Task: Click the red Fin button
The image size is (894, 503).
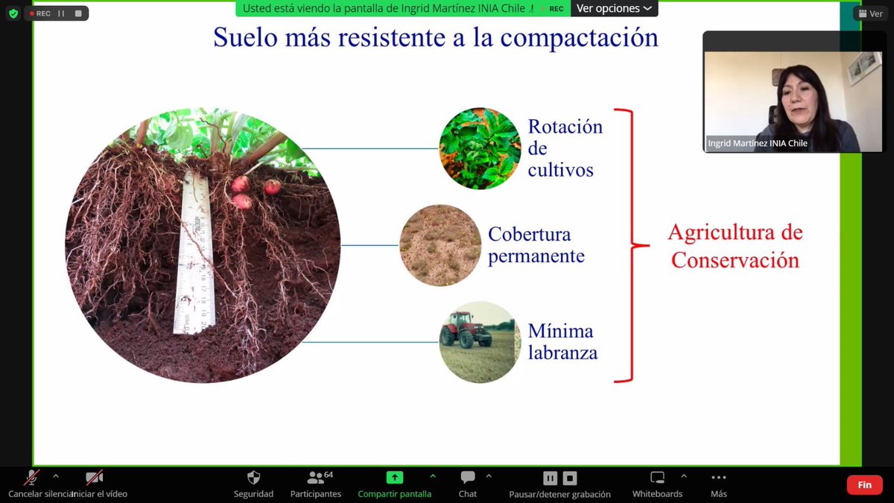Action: pyautogui.click(x=864, y=484)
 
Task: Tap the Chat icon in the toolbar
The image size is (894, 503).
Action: pyautogui.click(x=468, y=478)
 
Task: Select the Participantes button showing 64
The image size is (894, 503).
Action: pyautogui.click(x=316, y=478)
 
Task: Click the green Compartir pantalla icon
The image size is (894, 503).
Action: pyautogui.click(x=394, y=478)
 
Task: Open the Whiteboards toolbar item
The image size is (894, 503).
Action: pyautogui.click(x=657, y=478)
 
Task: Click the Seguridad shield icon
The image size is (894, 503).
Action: pyautogui.click(x=253, y=478)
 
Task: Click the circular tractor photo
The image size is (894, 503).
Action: pyautogui.click(x=480, y=342)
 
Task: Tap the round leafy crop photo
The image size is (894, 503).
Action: pyautogui.click(x=480, y=148)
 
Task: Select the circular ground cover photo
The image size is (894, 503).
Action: pyautogui.click(x=440, y=245)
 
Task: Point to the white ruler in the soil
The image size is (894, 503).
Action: pyautogui.click(x=195, y=253)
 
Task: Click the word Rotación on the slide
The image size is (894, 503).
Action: pyautogui.click(x=565, y=127)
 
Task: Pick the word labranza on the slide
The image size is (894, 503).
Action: pyautogui.click(x=562, y=352)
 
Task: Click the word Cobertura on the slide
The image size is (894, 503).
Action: pyautogui.click(x=529, y=235)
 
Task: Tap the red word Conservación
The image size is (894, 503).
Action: pyautogui.click(x=735, y=260)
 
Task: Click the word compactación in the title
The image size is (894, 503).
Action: pyautogui.click(x=582, y=37)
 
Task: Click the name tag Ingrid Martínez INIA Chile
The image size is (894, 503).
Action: pyautogui.click(x=758, y=144)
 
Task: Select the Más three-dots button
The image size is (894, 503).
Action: pyautogui.click(x=718, y=478)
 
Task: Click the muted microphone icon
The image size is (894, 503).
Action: pyautogui.click(x=32, y=478)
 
